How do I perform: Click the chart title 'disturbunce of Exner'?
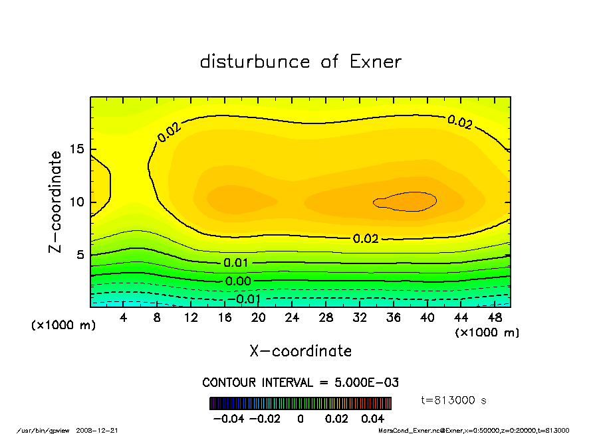point(300,62)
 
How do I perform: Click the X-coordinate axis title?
point(300,351)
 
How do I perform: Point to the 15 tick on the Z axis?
point(79,149)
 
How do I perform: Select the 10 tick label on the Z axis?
point(79,202)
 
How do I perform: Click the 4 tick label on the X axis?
point(124,318)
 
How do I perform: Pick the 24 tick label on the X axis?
point(292,318)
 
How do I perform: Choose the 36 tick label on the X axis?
point(393,318)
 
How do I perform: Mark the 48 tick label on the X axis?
point(494,318)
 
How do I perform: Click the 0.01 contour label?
point(236,263)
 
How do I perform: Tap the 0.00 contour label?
point(238,281)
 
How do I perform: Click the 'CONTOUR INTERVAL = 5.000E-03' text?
point(300,383)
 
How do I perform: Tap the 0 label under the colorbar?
point(300,419)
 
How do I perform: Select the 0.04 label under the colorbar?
point(373,419)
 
